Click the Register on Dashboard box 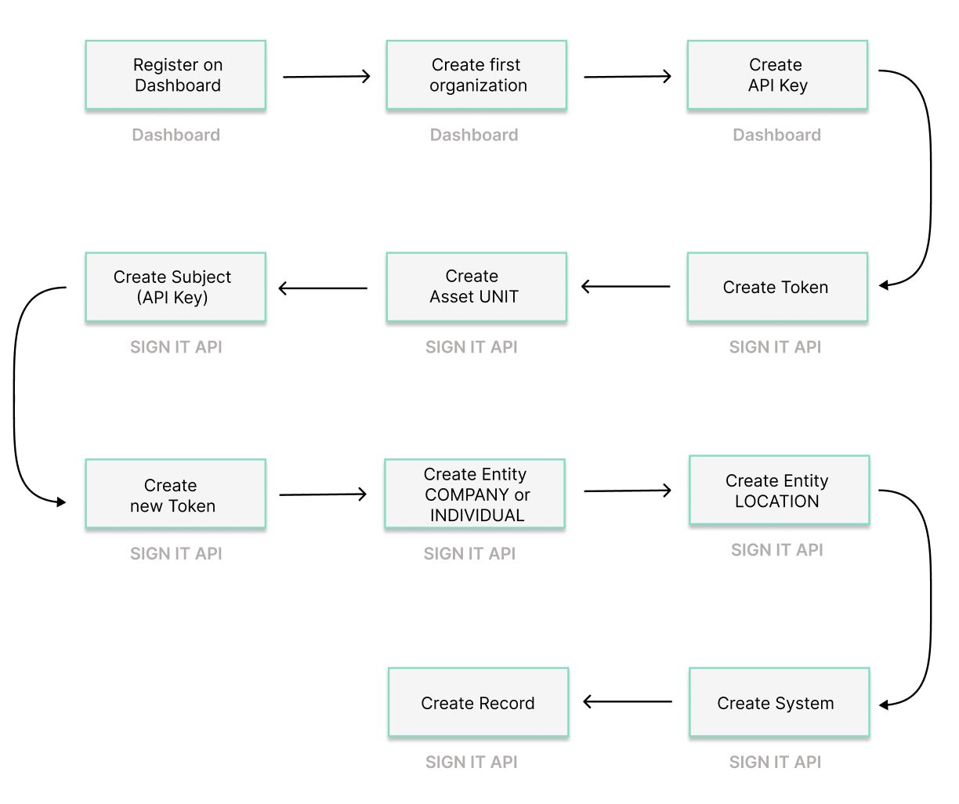click(x=176, y=75)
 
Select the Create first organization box click(x=476, y=75)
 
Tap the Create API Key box click(x=777, y=75)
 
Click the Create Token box click(x=777, y=287)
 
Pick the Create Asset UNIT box click(x=476, y=287)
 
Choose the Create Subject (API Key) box click(x=176, y=287)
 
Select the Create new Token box click(x=176, y=494)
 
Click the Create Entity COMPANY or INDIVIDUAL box click(x=475, y=494)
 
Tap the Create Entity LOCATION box click(x=779, y=491)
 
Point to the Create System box click(x=779, y=702)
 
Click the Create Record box click(x=478, y=702)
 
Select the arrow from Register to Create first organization click(x=326, y=77)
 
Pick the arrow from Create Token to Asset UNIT click(x=627, y=287)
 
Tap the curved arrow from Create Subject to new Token click(x=15, y=392)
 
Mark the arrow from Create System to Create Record click(x=628, y=701)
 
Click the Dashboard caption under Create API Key click(x=776, y=135)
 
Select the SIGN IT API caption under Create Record click(x=472, y=762)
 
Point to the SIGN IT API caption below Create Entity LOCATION click(x=776, y=550)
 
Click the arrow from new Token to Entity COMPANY click(x=323, y=494)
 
